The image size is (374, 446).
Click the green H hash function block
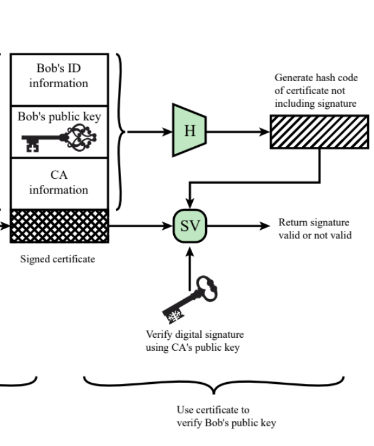point(189,131)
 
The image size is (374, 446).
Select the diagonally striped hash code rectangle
point(319,131)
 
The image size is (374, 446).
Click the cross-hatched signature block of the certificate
point(59,225)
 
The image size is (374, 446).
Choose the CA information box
point(59,183)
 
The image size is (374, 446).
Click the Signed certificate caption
point(58,259)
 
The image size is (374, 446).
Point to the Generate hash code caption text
point(315,91)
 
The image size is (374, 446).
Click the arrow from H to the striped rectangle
point(237,131)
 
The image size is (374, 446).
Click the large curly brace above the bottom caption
point(213,384)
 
